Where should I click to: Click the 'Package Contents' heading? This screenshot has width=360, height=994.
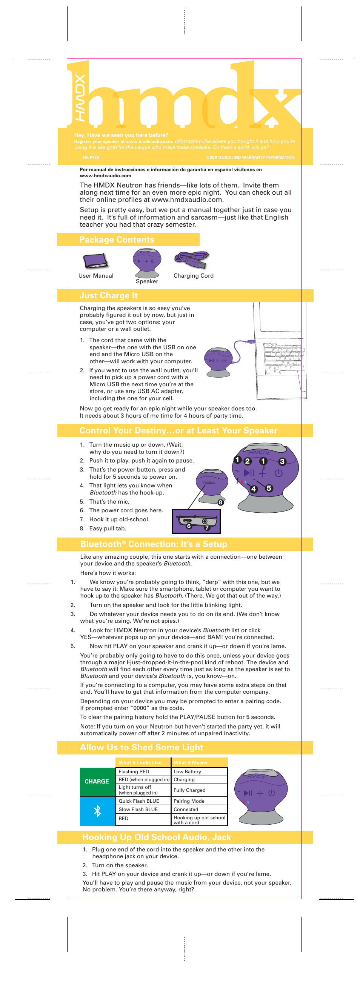[117, 240]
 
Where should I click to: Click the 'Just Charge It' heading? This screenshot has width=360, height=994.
[108, 296]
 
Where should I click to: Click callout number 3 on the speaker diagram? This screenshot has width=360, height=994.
[282, 461]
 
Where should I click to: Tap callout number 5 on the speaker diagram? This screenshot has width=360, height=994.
[269, 488]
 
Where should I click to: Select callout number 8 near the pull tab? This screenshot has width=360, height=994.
[220, 502]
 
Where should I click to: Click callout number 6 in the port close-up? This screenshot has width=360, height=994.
[189, 526]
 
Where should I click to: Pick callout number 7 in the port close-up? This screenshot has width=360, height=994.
[207, 527]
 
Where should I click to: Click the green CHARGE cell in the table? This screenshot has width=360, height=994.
[97, 781]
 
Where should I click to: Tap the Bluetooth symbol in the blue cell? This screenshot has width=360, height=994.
[97, 811]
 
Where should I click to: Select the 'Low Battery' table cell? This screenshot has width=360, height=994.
[199, 771]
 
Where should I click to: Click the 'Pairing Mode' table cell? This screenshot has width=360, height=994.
[199, 801]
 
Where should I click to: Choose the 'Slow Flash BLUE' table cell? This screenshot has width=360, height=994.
[143, 809]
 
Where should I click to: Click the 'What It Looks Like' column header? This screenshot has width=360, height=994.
[143, 762]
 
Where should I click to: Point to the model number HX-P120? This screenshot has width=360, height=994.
[91, 157]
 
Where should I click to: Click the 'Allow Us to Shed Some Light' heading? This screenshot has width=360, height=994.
[141, 747]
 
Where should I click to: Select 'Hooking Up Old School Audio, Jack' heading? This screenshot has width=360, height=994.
[156, 837]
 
